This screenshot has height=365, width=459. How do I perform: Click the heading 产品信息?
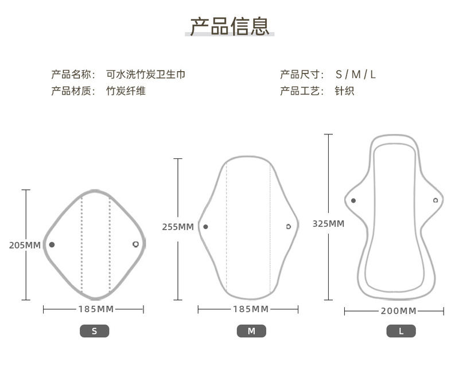[x=229, y=26]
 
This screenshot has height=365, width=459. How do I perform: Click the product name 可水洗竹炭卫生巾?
[x=146, y=74]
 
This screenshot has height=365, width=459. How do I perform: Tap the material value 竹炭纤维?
[x=126, y=91]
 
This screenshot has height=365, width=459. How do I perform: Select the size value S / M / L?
[x=356, y=74]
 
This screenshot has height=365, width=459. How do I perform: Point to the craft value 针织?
[x=344, y=91]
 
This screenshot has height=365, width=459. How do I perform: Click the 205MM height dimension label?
[x=25, y=245]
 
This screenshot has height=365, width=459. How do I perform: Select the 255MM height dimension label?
[x=178, y=227]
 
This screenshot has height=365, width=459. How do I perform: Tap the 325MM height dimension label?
[x=328, y=223]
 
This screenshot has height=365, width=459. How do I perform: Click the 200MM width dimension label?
[x=398, y=311]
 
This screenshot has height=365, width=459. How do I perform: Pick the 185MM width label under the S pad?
[x=96, y=309]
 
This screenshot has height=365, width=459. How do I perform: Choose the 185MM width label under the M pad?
[x=251, y=309]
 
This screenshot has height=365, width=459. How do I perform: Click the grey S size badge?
[x=94, y=331]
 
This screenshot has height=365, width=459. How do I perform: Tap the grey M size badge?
[x=251, y=331]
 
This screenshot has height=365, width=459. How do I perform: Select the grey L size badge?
[x=401, y=331]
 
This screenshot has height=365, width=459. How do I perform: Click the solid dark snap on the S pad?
[x=52, y=244]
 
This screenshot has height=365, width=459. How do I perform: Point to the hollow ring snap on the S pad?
[x=135, y=244]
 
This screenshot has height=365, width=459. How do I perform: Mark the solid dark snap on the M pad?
[x=205, y=227]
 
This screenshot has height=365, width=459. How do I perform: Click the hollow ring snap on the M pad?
[x=288, y=227]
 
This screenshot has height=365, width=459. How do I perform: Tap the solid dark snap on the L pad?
[x=353, y=200]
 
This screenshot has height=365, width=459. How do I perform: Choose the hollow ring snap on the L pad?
[x=435, y=200]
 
